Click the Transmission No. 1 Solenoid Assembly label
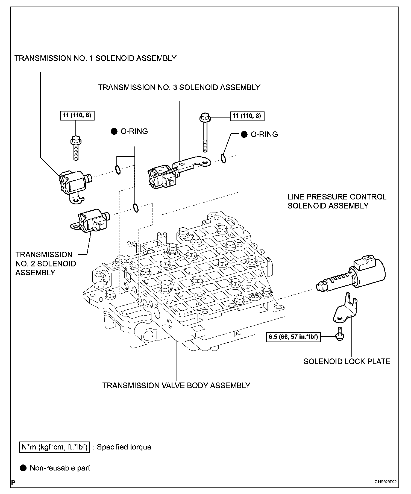[x=95, y=58]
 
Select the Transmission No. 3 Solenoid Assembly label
[x=179, y=87]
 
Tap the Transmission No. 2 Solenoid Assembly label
[x=45, y=263]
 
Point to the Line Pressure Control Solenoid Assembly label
[x=337, y=201]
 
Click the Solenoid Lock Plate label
[x=347, y=361]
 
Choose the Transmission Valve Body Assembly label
[x=176, y=385]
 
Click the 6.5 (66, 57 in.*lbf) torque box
[x=293, y=337]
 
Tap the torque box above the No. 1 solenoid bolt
[x=77, y=115]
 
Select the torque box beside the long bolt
[x=246, y=116]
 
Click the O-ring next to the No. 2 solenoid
[x=136, y=208]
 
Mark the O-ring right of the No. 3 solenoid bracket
[x=223, y=158]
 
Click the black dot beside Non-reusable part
[x=24, y=468]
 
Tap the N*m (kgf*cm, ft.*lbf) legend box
[x=54, y=447]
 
